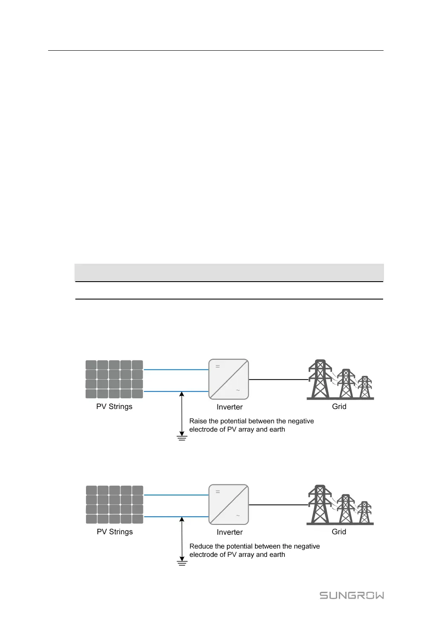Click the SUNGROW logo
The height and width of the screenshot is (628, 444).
coord(352,595)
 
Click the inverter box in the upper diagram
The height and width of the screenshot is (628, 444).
coord(229,379)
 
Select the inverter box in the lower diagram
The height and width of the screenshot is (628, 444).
coord(229,504)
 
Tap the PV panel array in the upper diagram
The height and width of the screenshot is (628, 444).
coord(114,379)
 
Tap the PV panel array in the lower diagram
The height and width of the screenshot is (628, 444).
coord(115,504)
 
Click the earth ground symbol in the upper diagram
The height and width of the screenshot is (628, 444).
coord(182,438)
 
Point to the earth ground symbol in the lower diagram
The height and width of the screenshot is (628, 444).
coord(182,563)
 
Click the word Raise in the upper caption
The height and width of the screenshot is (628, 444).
coord(198,421)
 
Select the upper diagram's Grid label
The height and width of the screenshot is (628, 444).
coord(339,406)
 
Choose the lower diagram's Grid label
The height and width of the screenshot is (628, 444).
coord(339,532)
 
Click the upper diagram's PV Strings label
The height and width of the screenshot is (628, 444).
coord(114,406)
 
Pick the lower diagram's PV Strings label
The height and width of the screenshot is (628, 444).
coord(115,532)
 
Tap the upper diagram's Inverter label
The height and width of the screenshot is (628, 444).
coord(229,407)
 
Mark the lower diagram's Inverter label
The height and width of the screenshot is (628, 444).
coord(229,532)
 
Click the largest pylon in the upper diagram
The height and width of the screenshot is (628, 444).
coord(320,379)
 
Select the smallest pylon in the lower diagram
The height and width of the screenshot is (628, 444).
coord(364,513)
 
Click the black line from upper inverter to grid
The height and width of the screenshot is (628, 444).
coord(278,379)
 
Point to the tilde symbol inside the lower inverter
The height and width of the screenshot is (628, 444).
coord(238,516)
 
